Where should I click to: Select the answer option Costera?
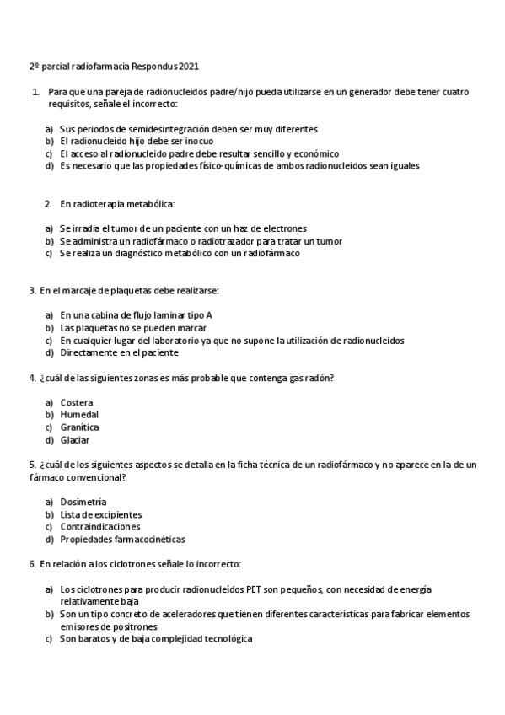coord(77,402)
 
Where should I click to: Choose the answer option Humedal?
coord(79,415)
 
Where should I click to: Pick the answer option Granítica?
coord(79,427)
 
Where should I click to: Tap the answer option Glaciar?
coord(75,440)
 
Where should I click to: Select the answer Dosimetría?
coord(83,502)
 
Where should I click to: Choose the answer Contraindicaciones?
coord(100,527)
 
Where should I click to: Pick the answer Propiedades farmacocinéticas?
coord(122,540)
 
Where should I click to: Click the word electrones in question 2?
coord(282,228)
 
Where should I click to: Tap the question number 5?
coord(32,465)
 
